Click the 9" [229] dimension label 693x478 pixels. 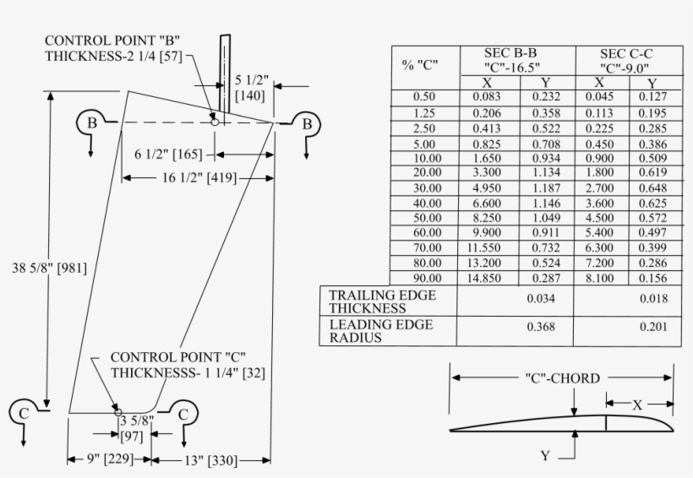(110, 460)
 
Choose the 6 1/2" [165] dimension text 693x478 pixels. (168, 155)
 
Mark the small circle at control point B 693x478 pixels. (215, 122)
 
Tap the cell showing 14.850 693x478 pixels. (487, 277)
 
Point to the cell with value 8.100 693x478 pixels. (599, 277)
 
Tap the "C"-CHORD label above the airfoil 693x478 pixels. (562, 378)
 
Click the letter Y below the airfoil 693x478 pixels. (546, 456)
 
